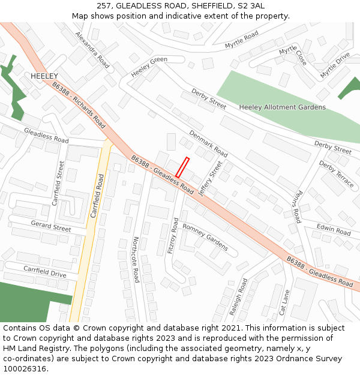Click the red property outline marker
click(x=182, y=167)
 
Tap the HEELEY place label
click(x=44, y=76)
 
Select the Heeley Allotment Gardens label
click(x=282, y=107)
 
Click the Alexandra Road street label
click(x=92, y=49)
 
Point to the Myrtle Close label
click(x=293, y=55)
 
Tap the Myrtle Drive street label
click(x=335, y=65)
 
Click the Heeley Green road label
click(x=149, y=67)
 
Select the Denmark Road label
click(x=208, y=143)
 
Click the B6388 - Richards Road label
click(x=79, y=106)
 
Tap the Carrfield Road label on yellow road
click(x=97, y=195)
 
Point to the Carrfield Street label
click(x=58, y=182)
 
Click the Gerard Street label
click(x=50, y=226)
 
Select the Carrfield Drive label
click(x=44, y=271)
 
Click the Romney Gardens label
click(x=205, y=236)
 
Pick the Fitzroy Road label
click(x=173, y=235)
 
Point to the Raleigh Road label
click(x=238, y=296)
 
